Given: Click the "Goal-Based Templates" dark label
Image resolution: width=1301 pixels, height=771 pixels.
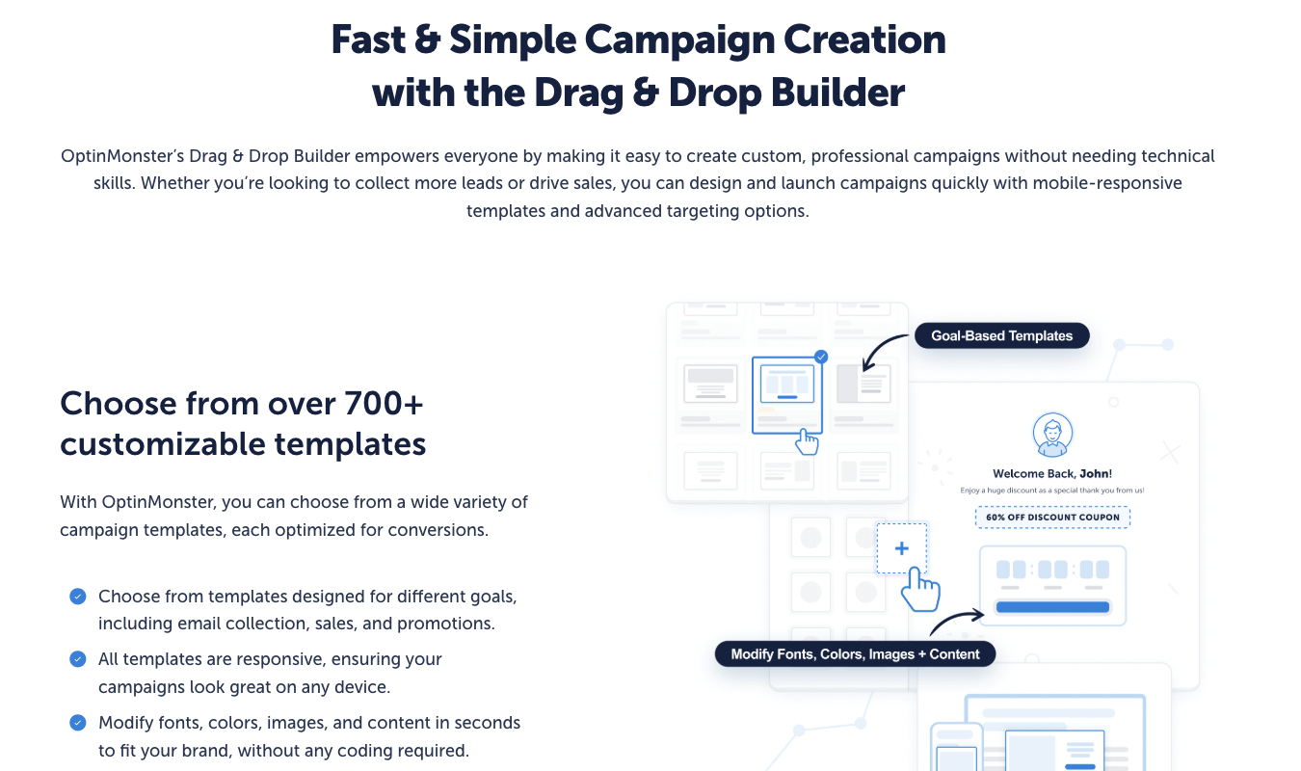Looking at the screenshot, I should pyautogui.click(x=1001, y=336).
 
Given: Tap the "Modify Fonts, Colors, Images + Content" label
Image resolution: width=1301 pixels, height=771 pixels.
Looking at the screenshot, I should pyautogui.click(x=855, y=654).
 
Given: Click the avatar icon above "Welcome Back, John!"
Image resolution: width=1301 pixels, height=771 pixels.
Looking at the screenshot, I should pyautogui.click(x=1051, y=435).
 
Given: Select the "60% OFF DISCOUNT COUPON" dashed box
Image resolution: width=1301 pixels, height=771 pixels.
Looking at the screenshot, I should pyautogui.click(x=1052, y=518).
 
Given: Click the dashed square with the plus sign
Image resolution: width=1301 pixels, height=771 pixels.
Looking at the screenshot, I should pyautogui.click(x=901, y=548).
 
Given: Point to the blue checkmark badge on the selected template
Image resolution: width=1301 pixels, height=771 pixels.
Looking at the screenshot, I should pyautogui.click(x=821, y=357).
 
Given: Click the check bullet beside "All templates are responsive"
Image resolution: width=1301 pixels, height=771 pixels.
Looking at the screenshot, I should pyautogui.click(x=78, y=659).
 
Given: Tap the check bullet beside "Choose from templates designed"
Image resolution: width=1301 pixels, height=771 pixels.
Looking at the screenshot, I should pyautogui.click(x=78, y=597).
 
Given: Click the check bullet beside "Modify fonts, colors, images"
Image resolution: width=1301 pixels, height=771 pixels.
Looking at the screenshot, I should pyautogui.click(x=78, y=722).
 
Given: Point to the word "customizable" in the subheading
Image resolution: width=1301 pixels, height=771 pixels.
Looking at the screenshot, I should pyautogui.click(x=163, y=444).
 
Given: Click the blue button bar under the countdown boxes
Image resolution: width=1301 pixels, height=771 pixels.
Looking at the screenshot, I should pyautogui.click(x=1051, y=607).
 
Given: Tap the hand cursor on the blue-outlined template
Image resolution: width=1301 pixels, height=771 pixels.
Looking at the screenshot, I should pyautogui.click(x=807, y=441).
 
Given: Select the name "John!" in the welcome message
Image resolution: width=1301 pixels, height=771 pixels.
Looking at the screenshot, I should pyautogui.click(x=1096, y=473).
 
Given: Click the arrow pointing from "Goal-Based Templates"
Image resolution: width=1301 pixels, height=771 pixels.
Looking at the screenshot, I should pyautogui.click(x=884, y=353).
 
